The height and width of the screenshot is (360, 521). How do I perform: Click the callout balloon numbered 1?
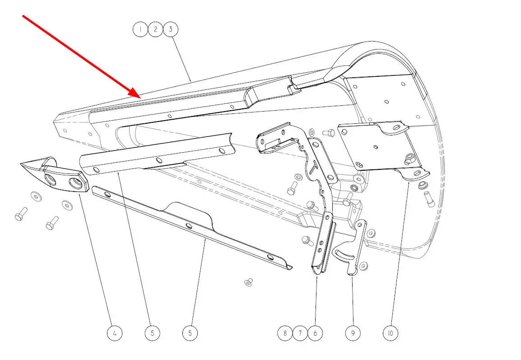coord(140,29)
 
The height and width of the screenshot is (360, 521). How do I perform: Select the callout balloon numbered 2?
coord(155,29)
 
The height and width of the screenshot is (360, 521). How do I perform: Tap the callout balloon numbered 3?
coord(171,29)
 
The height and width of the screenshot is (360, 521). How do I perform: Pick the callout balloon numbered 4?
coord(115,333)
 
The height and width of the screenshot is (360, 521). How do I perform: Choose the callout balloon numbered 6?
coord(315,333)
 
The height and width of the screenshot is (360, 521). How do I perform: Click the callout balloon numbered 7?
coord(300,333)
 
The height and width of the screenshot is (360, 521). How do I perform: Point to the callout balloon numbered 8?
coord(285,333)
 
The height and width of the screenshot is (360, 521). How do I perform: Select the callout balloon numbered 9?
coord(353,333)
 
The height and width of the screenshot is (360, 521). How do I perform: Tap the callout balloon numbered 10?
coord(391,333)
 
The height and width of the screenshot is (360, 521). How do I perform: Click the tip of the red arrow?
coord(141,98)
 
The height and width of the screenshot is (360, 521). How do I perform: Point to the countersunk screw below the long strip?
coord(248,283)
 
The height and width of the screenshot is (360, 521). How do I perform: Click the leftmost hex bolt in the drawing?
coord(21,214)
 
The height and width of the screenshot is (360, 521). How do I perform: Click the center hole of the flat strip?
coord(189,226)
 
